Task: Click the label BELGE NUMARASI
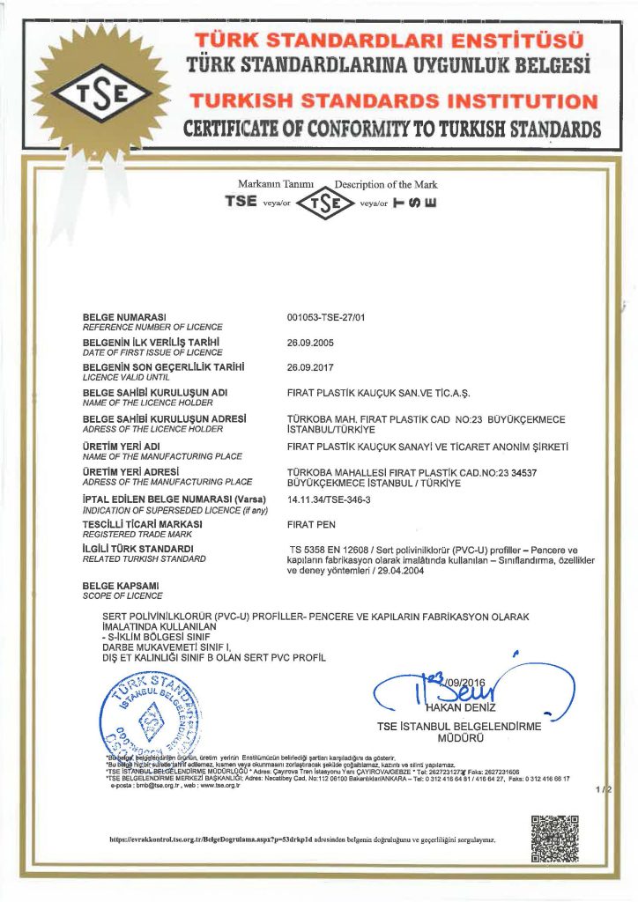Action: pyautogui.click(x=124, y=316)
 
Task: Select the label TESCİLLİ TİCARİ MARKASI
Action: pyautogui.click(x=143, y=523)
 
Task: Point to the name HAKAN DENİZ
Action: pyautogui.click(x=457, y=707)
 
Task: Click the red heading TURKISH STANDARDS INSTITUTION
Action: pyautogui.click(x=395, y=101)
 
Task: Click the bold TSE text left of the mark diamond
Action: pyautogui.click(x=241, y=201)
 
